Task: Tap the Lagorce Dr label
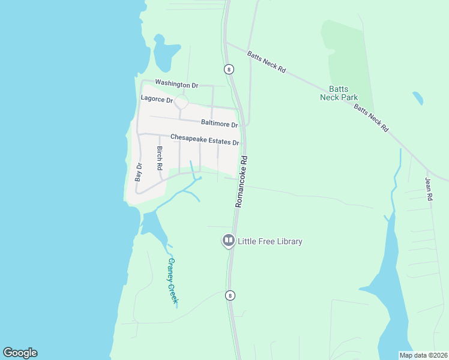[x=157, y=98]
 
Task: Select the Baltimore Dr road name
[x=220, y=123]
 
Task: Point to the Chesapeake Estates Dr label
[x=205, y=140]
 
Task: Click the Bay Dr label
[x=139, y=172]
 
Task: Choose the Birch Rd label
[x=160, y=158]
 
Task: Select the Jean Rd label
[x=429, y=188]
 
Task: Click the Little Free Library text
[x=270, y=241]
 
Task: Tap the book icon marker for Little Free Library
[x=228, y=241]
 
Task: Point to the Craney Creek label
[x=172, y=281]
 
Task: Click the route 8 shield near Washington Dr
[x=229, y=69]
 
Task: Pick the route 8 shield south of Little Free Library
[x=229, y=295]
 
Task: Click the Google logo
[x=20, y=353]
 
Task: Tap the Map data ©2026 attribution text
[x=423, y=355]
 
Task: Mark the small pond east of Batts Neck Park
[x=417, y=98]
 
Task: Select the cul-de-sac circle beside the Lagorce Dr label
[x=181, y=103]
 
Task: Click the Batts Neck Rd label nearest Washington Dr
[x=266, y=61]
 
